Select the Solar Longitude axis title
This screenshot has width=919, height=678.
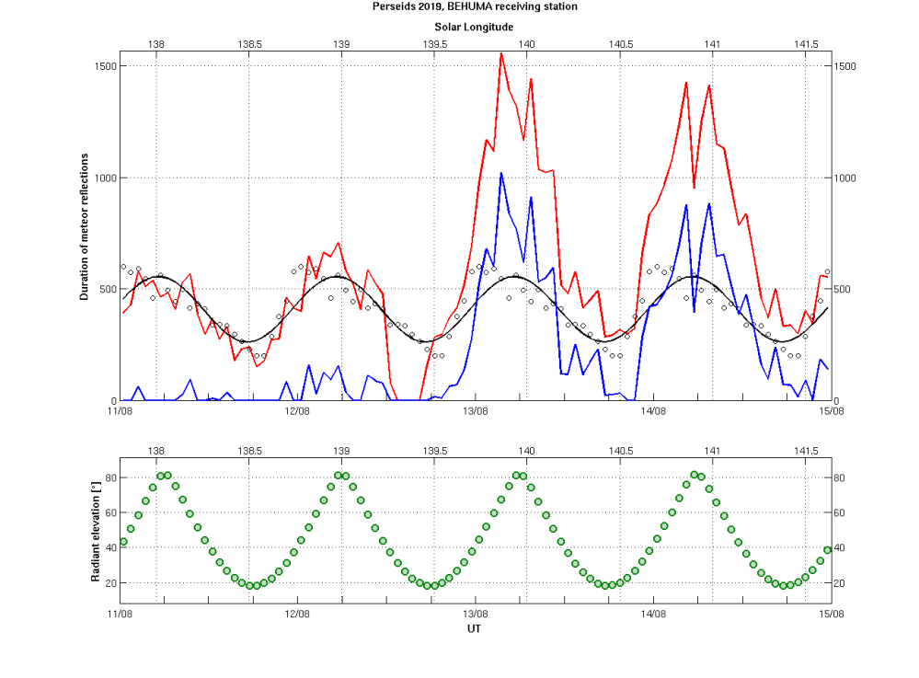coord(474,28)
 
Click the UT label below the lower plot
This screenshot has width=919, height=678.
coord(474,630)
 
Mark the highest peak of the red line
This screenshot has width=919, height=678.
coord(501,53)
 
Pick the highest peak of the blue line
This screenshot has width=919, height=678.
coord(501,173)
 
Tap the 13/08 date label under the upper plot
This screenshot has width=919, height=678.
coord(475,411)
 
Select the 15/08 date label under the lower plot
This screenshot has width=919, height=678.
coord(832,613)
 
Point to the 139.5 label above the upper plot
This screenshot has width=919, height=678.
coord(434,43)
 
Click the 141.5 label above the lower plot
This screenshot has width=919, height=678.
coord(806,451)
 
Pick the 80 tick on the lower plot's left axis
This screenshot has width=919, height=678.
coord(109,477)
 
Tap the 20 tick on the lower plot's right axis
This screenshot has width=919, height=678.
coord(841,583)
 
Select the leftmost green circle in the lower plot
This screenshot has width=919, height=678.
coord(123,542)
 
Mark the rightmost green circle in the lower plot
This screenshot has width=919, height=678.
coord(827,550)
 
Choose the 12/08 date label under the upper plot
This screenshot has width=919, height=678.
coord(297,411)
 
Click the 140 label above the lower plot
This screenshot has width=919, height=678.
coord(527,451)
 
